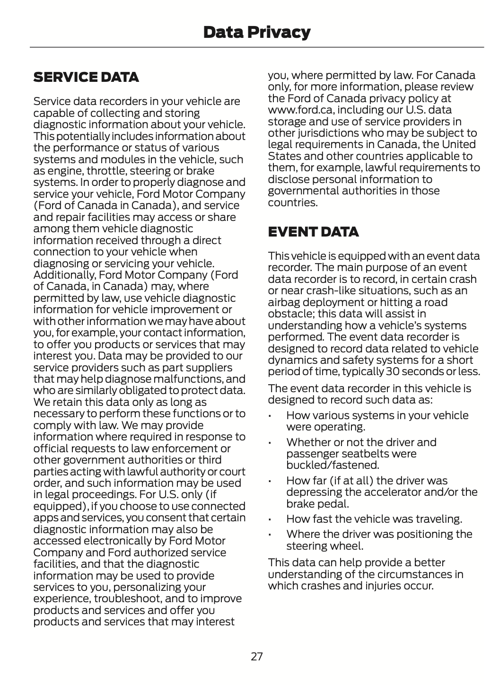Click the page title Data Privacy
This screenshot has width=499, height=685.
256,32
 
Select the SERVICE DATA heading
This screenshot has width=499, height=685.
86,77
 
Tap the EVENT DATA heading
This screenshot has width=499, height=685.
313,232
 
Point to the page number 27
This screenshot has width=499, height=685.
256,656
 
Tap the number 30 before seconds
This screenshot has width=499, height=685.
394,371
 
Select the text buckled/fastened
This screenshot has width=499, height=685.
326,465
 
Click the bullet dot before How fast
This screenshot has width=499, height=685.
269,519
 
